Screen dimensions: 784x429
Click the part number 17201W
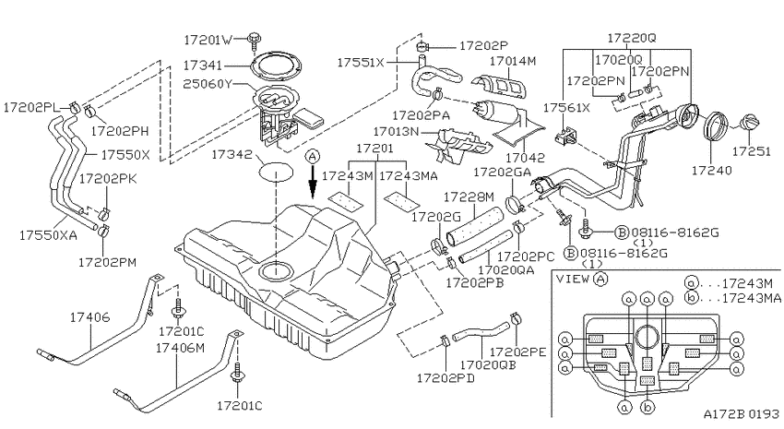pos(208,40)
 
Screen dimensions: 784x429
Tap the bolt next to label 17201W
pos(255,39)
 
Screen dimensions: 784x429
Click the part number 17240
pos(711,171)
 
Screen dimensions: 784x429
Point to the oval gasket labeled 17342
pos(276,172)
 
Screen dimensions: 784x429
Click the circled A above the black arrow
pos(313,157)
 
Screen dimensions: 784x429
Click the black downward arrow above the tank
pos(313,182)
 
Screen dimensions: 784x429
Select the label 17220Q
pos(632,38)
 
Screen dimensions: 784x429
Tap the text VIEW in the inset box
pos(573,279)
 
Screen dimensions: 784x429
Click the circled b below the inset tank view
pos(647,407)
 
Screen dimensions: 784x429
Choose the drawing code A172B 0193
pos(742,414)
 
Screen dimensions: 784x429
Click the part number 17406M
pos(180,348)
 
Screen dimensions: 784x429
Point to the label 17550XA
pos(48,235)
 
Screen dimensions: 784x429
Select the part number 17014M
pos(513,61)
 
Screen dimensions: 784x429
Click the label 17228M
pos(469,197)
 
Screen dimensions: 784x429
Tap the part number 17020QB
pos(488,365)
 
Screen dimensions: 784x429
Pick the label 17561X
pos(567,108)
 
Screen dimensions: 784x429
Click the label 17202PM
pos(108,262)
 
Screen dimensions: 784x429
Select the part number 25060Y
pos(208,84)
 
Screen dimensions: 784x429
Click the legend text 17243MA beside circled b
pos(752,299)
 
